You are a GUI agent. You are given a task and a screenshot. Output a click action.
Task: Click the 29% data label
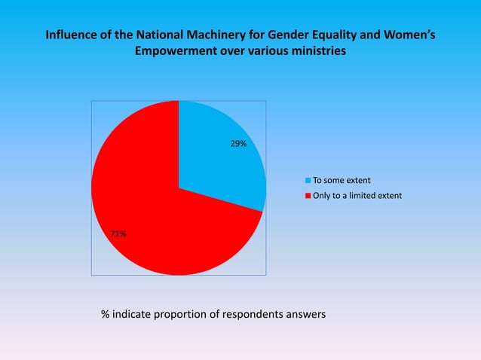(238, 143)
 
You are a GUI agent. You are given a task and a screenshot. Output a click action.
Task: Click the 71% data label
(118, 234)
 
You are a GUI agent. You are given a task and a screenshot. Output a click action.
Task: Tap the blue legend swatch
(308, 181)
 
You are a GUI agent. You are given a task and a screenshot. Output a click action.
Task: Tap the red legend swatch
(308, 196)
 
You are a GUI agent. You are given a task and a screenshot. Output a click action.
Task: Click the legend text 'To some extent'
(341, 181)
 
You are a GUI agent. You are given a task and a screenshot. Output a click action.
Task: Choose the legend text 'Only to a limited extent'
(357, 196)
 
